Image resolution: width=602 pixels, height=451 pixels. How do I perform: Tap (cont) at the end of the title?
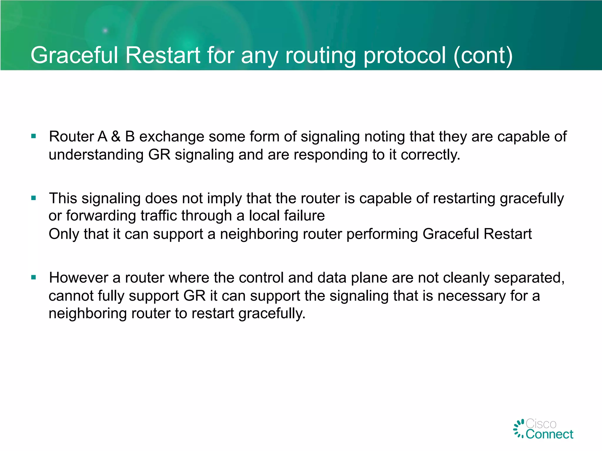click(483, 56)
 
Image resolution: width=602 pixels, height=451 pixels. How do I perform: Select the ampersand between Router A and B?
click(116, 137)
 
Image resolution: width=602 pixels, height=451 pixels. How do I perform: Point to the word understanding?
click(96, 155)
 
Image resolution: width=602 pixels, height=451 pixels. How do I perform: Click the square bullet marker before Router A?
click(34, 136)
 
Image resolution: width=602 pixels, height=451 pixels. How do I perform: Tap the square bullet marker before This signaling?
click(34, 198)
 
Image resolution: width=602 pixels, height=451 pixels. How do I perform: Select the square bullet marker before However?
click(34, 277)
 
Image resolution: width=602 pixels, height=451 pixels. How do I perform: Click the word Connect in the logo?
click(549, 434)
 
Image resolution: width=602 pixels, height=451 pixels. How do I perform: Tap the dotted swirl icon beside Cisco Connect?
click(519, 429)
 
